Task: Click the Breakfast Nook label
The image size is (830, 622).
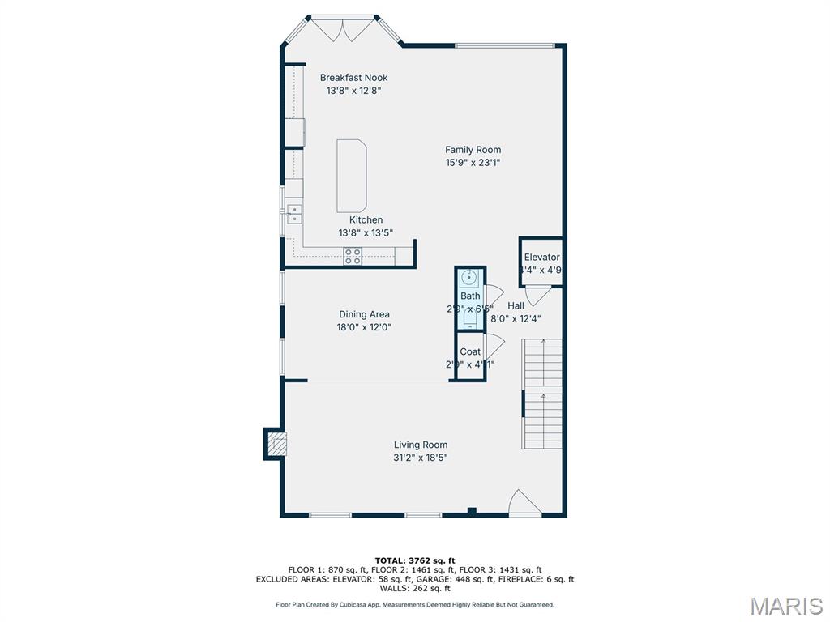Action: pyautogui.click(x=353, y=78)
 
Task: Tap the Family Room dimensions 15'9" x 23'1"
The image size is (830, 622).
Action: pyautogui.click(x=473, y=162)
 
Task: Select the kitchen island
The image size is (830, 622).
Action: pyautogui.click(x=352, y=176)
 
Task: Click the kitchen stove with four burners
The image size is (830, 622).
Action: pyautogui.click(x=353, y=257)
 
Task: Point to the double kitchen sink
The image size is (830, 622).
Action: pyautogui.click(x=294, y=214)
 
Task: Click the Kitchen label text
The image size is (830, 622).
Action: pyautogui.click(x=366, y=219)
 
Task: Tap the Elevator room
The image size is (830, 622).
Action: pyautogui.click(x=541, y=262)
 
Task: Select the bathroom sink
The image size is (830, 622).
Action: pyautogui.click(x=469, y=278)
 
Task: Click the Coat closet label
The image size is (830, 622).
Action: pyautogui.click(x=470, y=351)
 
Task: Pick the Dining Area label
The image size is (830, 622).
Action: pyautogui.click(x=364, y=314)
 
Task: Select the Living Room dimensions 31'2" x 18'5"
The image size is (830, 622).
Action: pyautogui.click(x=420, y=458)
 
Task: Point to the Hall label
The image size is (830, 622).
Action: pyautogui.click(x=516, y=305)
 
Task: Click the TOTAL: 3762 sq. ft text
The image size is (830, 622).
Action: pyautogui.click(x=415, y=560)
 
